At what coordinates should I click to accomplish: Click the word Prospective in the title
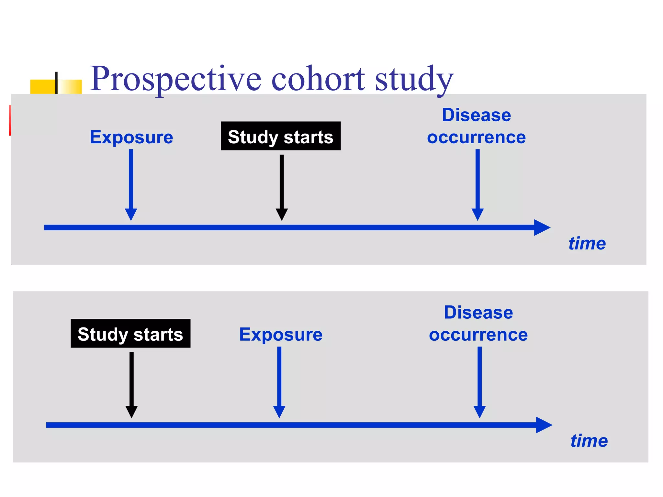coord(175,79)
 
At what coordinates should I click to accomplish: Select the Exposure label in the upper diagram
coord(131,137)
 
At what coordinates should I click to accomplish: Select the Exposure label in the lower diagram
coord(281,335)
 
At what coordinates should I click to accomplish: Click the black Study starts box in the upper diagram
coord(281,136)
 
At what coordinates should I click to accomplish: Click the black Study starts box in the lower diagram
coord(130,334)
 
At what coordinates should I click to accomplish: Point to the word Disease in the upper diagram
coord(477,115)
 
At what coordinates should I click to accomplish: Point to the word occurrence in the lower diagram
coord(478,335)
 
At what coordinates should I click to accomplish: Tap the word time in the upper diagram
coord(587,243)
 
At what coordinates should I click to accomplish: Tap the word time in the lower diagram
coord(589,441)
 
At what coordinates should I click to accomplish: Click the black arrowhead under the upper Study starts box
coord(282,214)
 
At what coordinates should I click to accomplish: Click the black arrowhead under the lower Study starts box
coord(131,411)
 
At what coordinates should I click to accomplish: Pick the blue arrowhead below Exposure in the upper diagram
coord(131,214)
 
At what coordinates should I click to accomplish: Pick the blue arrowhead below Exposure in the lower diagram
coord(279,411)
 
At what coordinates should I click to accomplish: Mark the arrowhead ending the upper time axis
coord(541,227)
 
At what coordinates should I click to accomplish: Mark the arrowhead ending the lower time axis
coord(543,425)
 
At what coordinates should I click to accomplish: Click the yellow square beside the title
coord(43,86)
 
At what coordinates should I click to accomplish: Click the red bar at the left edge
coord(10,120)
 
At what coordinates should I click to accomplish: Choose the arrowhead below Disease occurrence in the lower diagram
coord(479,411)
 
